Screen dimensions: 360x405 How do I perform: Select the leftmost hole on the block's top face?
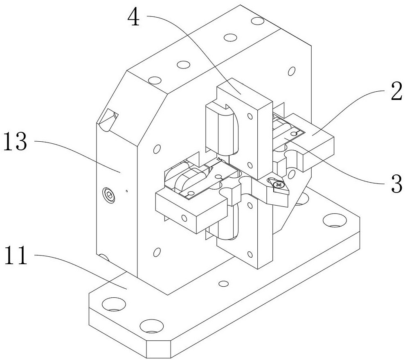[154, 80]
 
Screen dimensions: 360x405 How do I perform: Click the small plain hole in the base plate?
[223, 283]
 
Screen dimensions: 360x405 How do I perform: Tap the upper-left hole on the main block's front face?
[155, 148]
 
